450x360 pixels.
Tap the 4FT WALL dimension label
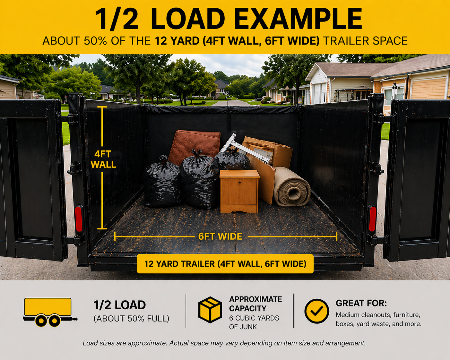(103, 159)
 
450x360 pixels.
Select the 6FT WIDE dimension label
(220, 236)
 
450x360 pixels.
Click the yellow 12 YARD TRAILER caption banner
(225, 264)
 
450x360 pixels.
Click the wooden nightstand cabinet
(239, 192)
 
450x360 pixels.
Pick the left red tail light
(79, 219)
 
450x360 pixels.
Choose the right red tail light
(372, 219)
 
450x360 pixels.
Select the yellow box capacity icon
(210, 310)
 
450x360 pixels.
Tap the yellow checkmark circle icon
(316, 311)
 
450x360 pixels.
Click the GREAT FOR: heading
(361, 303)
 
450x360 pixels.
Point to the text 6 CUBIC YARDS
(254, 318)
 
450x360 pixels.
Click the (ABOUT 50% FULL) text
(131, 319)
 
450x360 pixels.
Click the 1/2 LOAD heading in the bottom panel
(119, 305)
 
